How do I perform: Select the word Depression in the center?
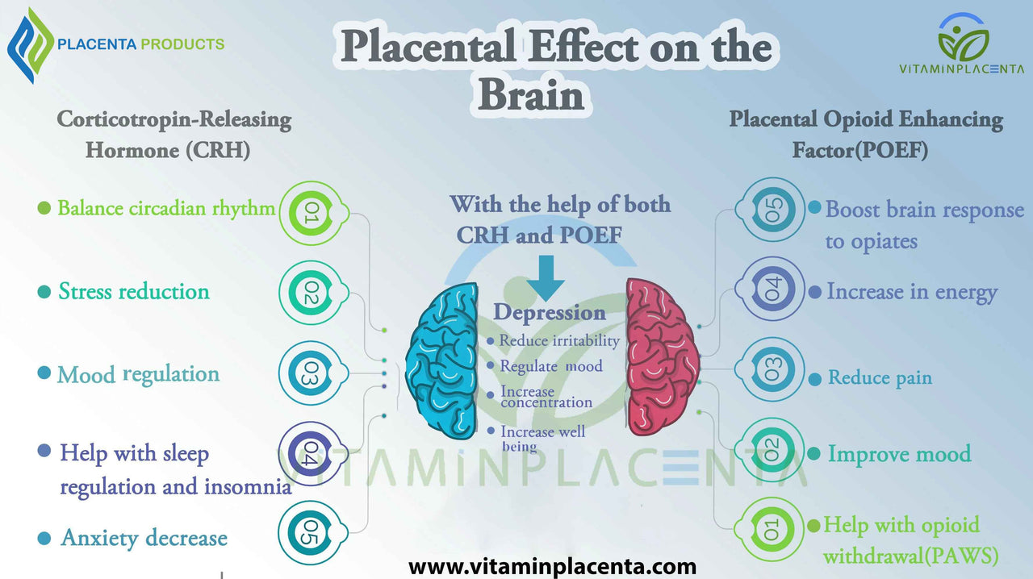(550, 313)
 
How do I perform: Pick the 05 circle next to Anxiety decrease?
(311, 531)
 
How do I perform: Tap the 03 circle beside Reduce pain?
(772, 370)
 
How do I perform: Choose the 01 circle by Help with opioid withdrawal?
(772, 529)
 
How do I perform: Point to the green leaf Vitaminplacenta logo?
(963, 38)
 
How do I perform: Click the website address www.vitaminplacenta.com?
(552, 567)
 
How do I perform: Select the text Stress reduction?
(134, 291)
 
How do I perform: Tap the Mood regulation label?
(138, 374)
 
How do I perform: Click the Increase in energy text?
(912, 292)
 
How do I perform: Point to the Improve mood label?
(899, 454)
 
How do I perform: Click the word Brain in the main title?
(531, 95)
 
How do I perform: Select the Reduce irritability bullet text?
(559, 340)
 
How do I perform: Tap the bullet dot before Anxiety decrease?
(44, 539)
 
